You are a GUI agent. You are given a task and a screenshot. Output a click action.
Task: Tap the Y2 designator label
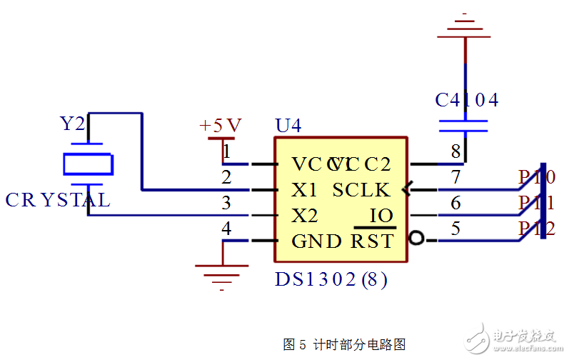(x=71, y=124)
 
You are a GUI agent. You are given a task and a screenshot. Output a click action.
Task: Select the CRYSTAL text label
(x=58, y=200)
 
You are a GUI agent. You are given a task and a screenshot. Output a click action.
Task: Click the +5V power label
(x=221, y=126)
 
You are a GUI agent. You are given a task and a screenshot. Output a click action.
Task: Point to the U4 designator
(x=288, y=126)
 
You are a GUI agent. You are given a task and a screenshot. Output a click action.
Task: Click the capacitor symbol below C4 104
(x=465, y=126)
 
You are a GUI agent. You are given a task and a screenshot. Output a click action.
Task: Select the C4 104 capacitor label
(x=467, y=100)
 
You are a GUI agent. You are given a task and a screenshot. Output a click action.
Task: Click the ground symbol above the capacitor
(x=465, y=26)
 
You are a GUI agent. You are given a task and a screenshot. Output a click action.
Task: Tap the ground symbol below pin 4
(x=222, y=274)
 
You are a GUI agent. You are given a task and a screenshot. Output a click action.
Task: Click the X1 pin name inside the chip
(x=305, y=190)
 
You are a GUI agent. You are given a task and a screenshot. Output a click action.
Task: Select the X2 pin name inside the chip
(x=305, y=216)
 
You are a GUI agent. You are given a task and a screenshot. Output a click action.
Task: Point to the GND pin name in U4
(x=317, y=241)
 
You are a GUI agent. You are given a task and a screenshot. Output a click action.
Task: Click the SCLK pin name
(x=361, y=190)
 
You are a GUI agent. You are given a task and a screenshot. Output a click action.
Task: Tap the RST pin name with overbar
(x=372, y=241)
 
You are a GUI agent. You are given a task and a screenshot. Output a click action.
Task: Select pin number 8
(x=455, y=151)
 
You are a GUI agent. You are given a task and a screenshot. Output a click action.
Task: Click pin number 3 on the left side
(x=226, y=203)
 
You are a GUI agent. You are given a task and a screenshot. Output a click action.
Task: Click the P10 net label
(x=537, y=177)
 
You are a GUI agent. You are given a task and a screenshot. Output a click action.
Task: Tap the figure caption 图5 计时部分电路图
(x=344, y=344)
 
